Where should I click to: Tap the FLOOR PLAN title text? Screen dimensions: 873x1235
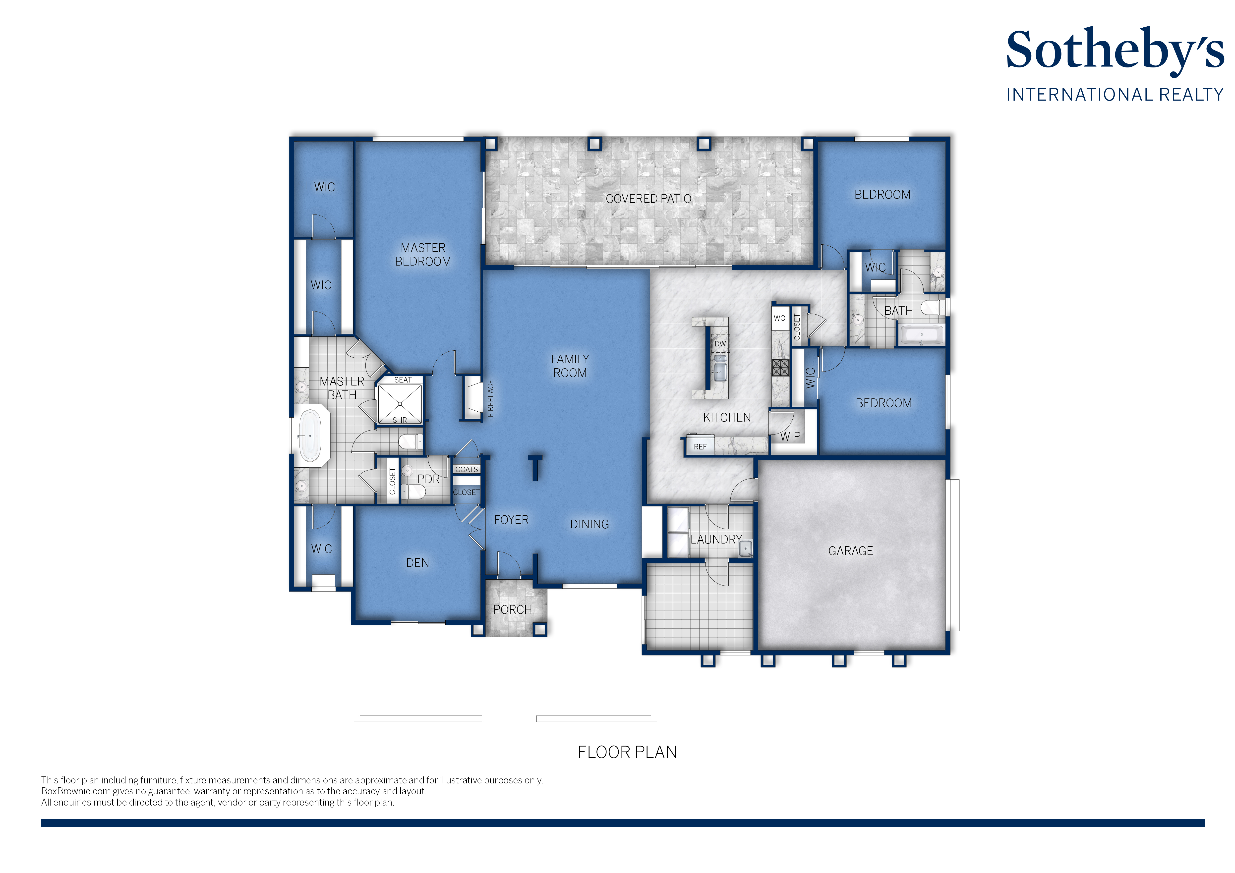pyautogui.click(x=627, y=752)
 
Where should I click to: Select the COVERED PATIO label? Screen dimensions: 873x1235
pyautogui.click(x=648, y=199)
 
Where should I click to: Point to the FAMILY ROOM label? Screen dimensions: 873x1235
pyautogui.click(x=570, y=366)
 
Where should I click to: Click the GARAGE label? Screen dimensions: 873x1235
pyautogui.click(x=850, y=551)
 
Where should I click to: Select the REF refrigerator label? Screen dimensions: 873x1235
pyautogui.click(x=700, y=447)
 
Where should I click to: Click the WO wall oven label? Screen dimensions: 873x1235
pyautogui.click(x=779, y=318)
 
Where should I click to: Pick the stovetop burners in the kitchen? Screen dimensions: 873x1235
pyautogui.click(x=780, y=368)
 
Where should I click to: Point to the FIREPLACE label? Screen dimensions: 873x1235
pyautogui.click(x=490, y=398)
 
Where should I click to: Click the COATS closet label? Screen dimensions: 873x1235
pyautogui.click(x=466, y=469)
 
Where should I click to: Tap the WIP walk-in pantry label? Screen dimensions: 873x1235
pyautogui.click(x=790, y=436)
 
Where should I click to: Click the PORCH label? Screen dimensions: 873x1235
pyautogui.click(x=513, y=610)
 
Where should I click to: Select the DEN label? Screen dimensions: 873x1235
pyautogui.click(x=417, y=563)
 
